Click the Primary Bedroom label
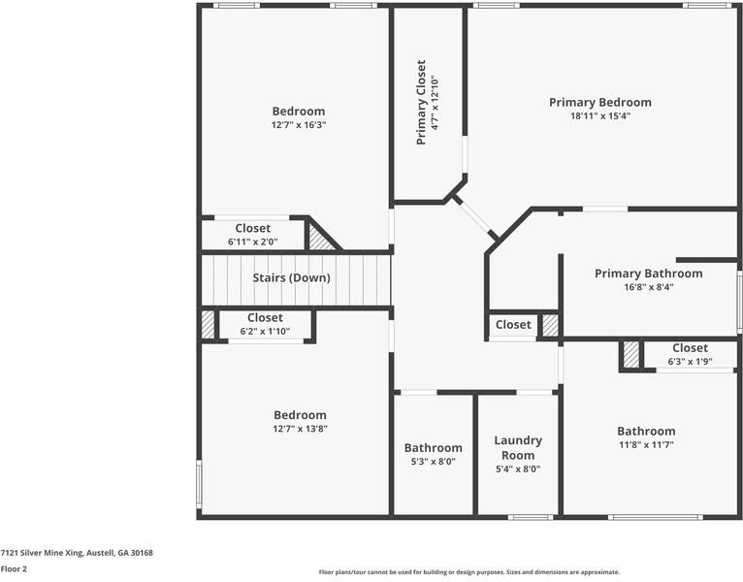click(x=599, y=103)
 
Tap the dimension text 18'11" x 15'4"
click(x=600, y=116)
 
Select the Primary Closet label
click(x=421, y=102)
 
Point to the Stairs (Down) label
click(x=291, y=277)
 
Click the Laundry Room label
click(x=518, y=448)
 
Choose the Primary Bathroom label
click(x=648, y=274)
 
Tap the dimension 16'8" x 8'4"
click(x=648, y=287)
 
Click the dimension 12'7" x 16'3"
click(x=299, y=125)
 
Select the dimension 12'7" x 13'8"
click(x=300, y=429)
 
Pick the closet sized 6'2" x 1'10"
click(x=265, y=324)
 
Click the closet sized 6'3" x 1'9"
click(x=690, y=354)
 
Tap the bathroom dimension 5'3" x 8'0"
click(x=434, y=462)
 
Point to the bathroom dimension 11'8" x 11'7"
click(x=646, y=445)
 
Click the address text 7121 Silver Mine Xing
click(x=42, y=553)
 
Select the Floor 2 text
click(x=14, y=569)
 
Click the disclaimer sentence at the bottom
click(x=469, y=572)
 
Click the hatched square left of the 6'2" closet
click(x=208, y=325)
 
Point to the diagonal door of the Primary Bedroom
click(x=474, y=216)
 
